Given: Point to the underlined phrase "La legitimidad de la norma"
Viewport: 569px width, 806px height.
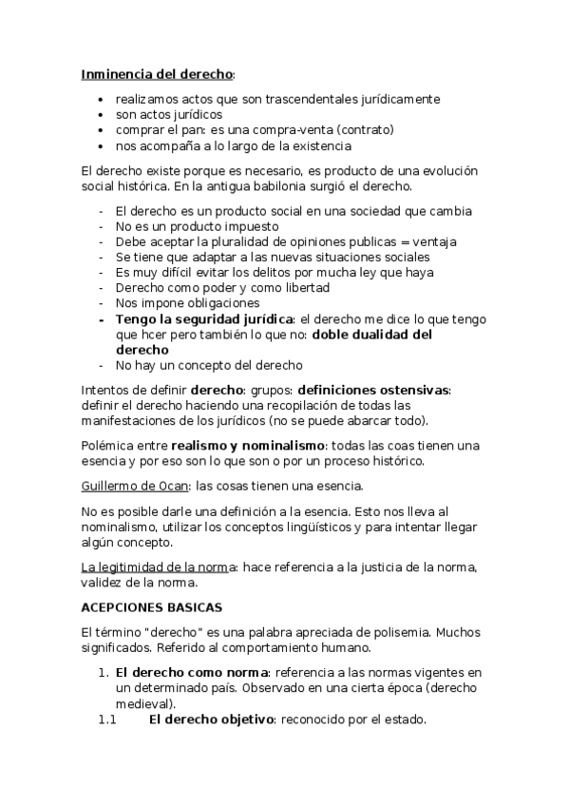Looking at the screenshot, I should [x=159, y=567].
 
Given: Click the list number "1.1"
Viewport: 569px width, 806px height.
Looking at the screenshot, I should [x=105, y=720].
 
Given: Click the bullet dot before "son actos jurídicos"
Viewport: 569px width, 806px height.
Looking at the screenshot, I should [x=102, y=114].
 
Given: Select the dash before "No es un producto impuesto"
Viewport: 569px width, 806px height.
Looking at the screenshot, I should [x=101, y=226].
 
